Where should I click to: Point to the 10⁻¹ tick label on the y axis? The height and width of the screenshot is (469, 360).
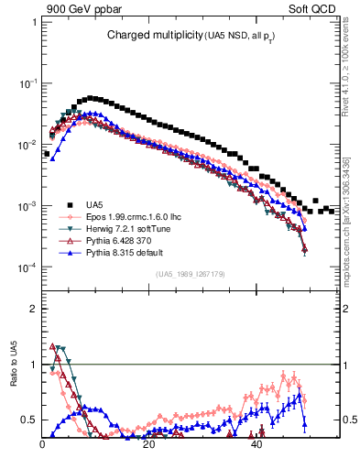coord(28,83)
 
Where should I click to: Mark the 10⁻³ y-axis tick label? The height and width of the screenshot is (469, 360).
coord(28,206)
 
